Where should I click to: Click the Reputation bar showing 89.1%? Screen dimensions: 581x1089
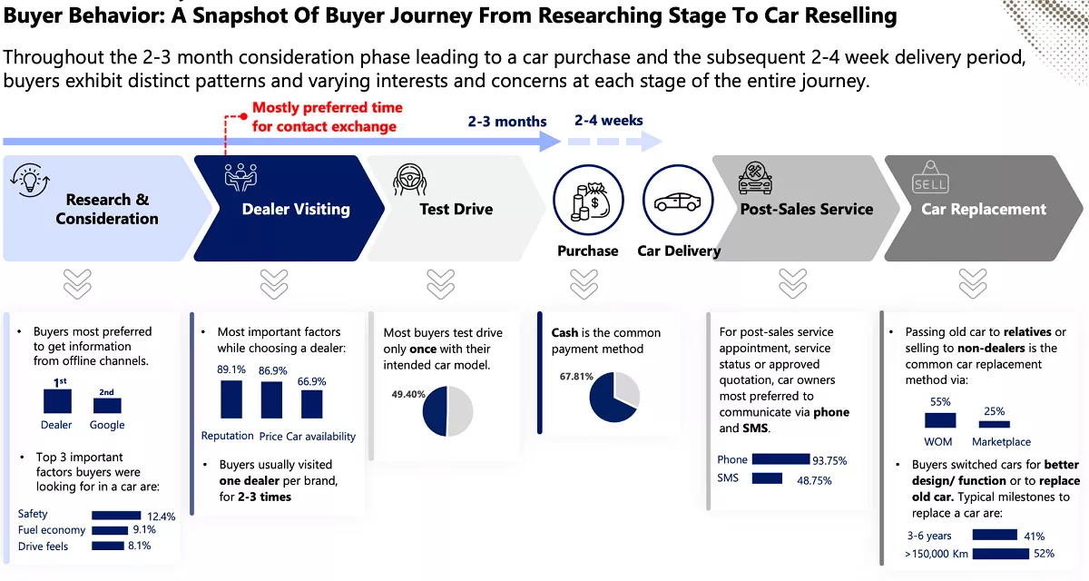click(x=231, y=399)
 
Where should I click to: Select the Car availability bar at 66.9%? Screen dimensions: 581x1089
click(x=311, y=403)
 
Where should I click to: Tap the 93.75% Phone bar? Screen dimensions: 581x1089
click(x=780, y=459)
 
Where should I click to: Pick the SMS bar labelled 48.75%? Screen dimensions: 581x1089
click(x=767, y=478)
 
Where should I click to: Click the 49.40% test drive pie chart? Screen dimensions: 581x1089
click(x=447, y=411)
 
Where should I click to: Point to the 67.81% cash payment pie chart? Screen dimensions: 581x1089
click(x=614, y=397)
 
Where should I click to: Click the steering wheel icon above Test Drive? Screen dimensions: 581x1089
click(x=410, y=180)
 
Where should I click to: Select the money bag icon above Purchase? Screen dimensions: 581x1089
click(x=585, y=203)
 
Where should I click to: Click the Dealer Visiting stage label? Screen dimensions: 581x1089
click(x=296, y=209)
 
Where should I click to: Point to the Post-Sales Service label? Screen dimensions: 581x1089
click(x=806, y=209)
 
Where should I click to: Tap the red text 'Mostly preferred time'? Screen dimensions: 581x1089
click(x=327, y=107)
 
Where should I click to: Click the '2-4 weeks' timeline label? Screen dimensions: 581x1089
click(x=608, y=120)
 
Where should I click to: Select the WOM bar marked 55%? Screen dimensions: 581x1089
click(x=940, y=420)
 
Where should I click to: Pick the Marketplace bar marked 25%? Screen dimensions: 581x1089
click(x=995, y=423)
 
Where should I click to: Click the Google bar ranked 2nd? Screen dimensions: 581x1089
click(x=106, y=406)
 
